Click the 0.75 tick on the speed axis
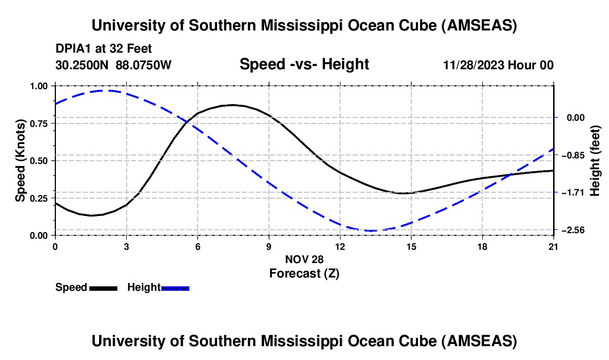point(40,124)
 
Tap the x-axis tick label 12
point(339,246)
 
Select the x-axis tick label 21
point(553,246)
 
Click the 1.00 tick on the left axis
point(40,86)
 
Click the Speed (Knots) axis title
point(20,161)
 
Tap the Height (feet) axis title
point(596,161)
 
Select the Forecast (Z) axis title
point(304,273)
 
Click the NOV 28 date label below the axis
point(304,259)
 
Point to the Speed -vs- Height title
point(304,64)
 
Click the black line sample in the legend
point(103,287)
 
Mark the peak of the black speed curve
point(233,105)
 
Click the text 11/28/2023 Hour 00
point(498,65)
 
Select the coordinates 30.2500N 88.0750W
point(113,65)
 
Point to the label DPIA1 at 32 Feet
point(104,49)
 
